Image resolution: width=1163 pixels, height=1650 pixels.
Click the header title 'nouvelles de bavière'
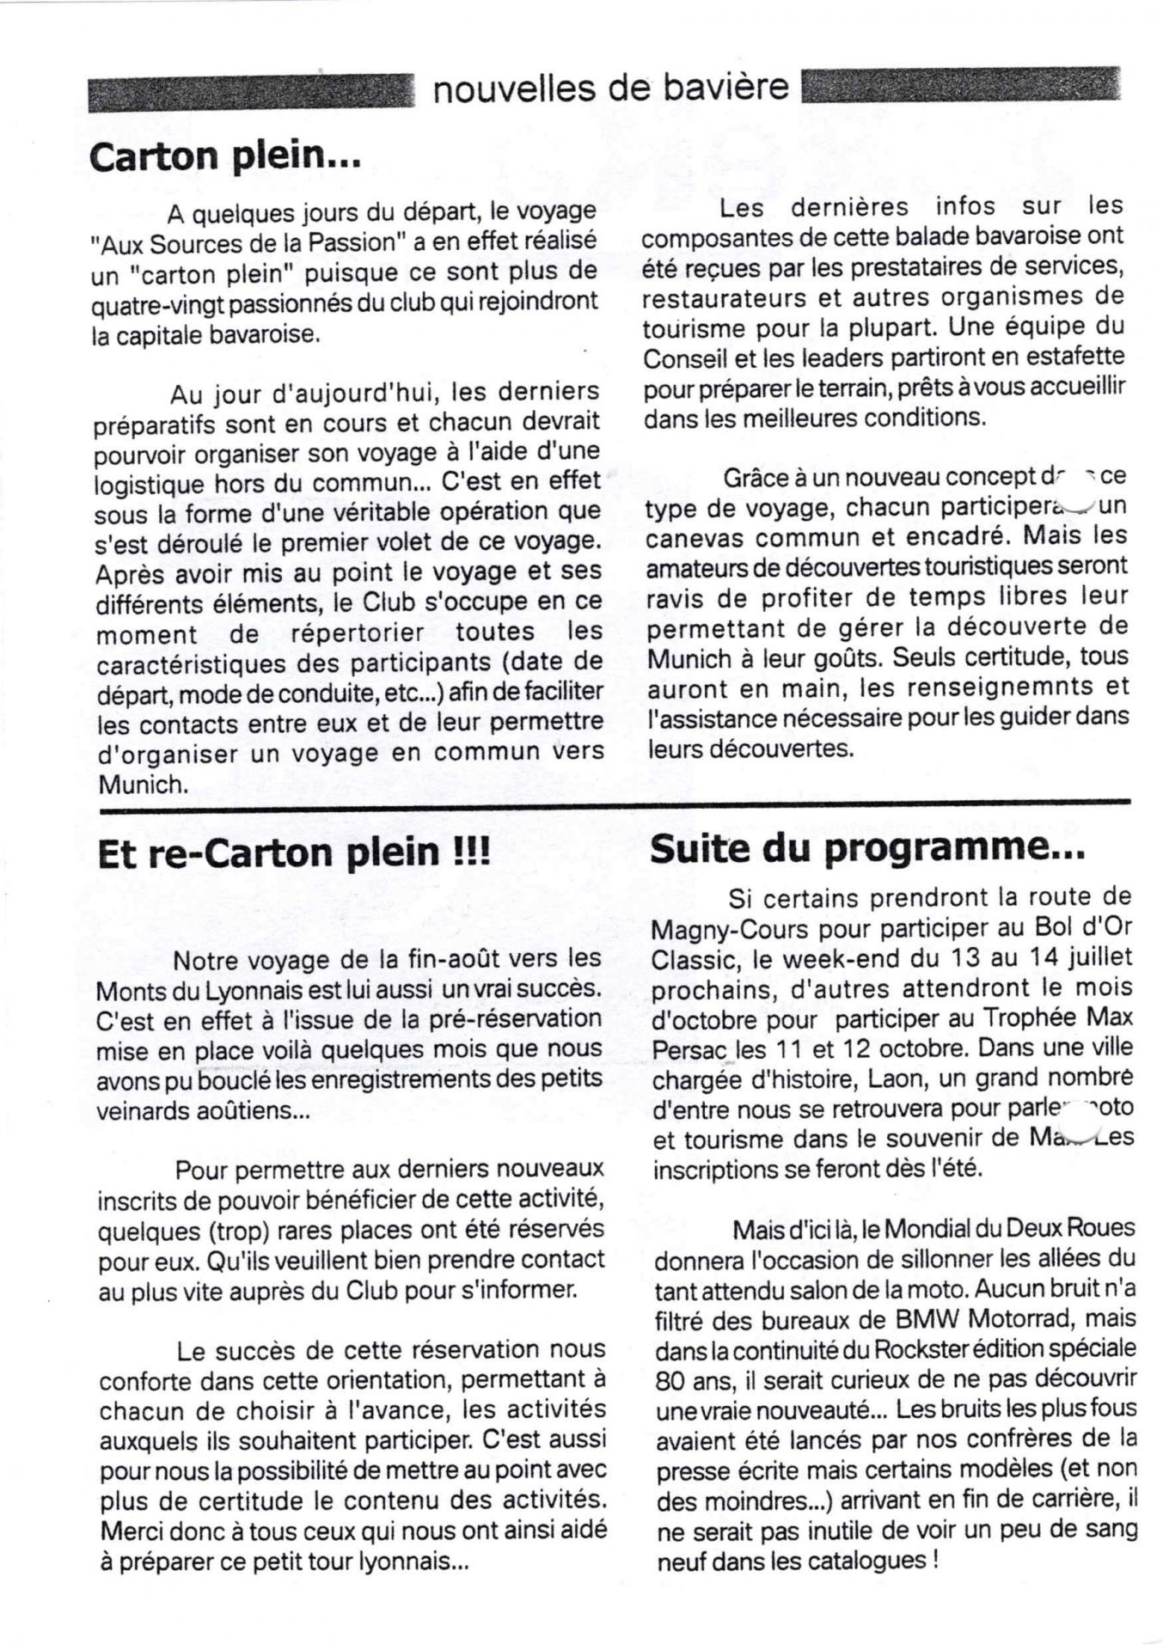609,88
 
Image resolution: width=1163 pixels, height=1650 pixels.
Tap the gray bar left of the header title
250,93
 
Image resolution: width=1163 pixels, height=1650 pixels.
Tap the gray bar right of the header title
960,86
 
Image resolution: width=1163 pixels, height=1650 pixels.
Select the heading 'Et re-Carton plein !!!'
294,853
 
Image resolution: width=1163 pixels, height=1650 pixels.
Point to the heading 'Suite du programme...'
867,849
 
